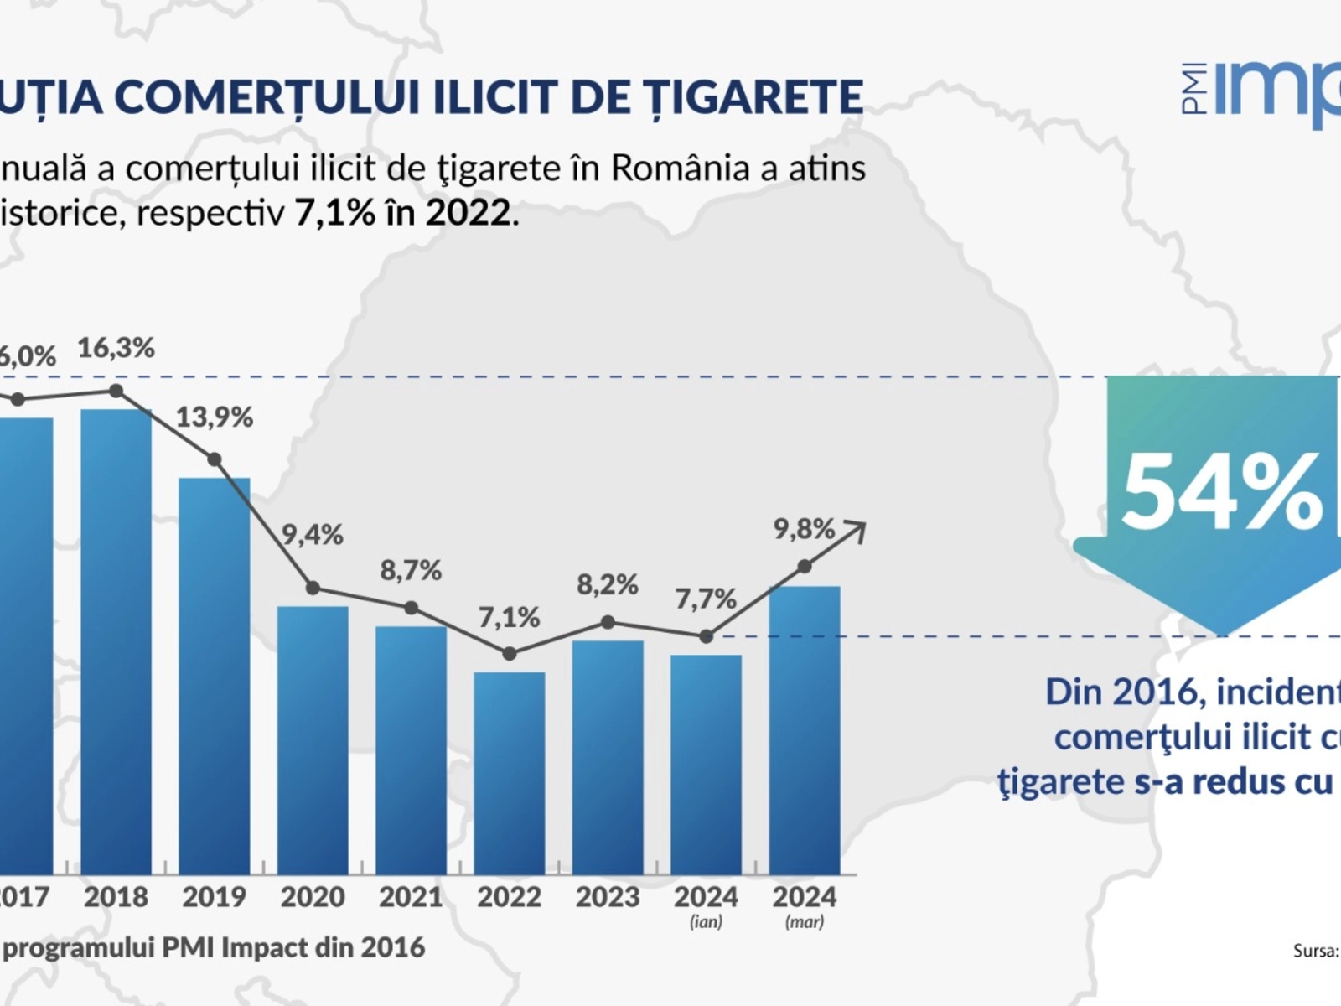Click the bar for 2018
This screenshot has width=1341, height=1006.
click(116, 641)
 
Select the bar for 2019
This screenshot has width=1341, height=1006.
click(215, 676)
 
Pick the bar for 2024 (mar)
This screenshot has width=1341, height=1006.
click(805, 730)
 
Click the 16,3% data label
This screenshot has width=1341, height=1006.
click(116, 348)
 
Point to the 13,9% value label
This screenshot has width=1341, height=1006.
click(214, 417)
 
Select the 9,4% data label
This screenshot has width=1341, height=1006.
click(312, 534)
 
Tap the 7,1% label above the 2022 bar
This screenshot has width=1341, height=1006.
click(509, 618)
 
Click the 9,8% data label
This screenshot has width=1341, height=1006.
click(804, 529)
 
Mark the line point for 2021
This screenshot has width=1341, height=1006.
click(411, 608)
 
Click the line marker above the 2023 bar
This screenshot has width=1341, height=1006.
click(608, 622)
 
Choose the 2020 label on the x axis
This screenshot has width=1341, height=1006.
click(313, 897)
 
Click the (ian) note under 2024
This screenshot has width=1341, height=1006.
click(706, 922)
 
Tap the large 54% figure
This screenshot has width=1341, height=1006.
click(1220, 493)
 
